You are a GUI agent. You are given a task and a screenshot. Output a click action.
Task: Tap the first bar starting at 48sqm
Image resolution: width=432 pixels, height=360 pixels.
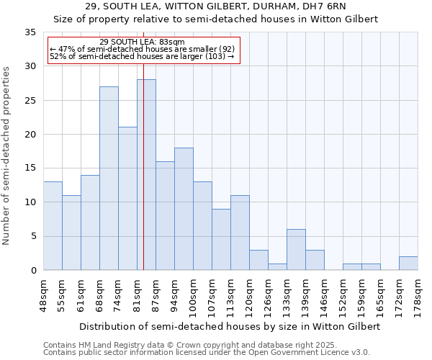(x=53, y=226)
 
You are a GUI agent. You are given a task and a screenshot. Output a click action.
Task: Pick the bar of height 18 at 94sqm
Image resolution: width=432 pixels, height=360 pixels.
(x=184, y=209)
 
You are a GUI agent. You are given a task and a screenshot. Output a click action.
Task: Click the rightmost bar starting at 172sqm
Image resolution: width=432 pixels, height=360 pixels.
(x=408, y=264)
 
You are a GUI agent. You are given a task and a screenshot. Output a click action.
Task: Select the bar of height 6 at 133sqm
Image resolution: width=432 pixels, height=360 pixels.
(x=296, y=250)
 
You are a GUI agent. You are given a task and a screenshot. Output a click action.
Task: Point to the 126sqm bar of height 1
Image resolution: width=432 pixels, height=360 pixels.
(x=277, y=267)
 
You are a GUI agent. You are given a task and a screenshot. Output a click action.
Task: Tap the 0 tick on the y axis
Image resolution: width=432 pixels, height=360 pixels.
(x=33, y=271)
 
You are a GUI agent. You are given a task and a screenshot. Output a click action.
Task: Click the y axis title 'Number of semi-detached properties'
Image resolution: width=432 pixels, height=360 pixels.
(x=7, y=155)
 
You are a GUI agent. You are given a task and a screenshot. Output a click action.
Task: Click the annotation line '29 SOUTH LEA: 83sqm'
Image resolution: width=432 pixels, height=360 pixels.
(x=142, y=42)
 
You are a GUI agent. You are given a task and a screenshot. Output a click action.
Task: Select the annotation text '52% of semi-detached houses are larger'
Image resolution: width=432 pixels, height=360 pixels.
(x=142, y=56)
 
